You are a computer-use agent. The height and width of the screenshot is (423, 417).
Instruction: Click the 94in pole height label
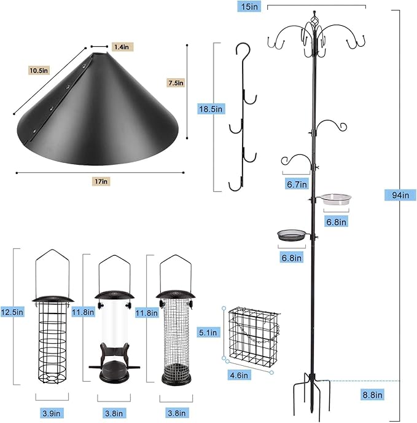click(x=396, y=195)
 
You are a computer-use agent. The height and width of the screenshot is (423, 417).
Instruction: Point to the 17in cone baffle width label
click(x=102, y=181)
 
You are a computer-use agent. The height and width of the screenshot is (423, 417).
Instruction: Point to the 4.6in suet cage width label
click(x=238, y=375)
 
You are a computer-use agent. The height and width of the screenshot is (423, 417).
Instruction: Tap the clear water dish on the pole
click(x=337, y=198)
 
